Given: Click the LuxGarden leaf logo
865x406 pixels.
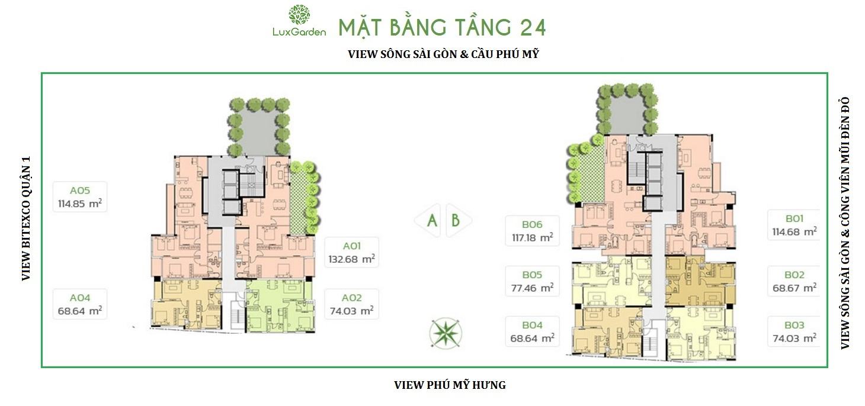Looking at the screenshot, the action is coord(299,15).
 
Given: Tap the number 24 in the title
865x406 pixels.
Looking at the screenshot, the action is coord(533,28).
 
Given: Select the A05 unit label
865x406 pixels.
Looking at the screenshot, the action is coord(80,190).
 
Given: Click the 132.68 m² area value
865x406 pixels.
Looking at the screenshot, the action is coord(352,259).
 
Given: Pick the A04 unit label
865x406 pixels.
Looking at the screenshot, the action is coord(80,298).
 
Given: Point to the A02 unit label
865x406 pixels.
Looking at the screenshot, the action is coord(351,298).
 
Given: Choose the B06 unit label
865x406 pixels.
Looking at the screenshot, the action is coord(532,224).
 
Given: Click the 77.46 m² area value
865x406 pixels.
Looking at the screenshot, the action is coord(532,288).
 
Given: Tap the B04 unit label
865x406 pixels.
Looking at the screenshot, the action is coord(532,325).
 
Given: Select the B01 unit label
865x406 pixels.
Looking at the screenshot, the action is coord(794,218).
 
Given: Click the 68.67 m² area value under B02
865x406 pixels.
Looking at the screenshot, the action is coord(794,288).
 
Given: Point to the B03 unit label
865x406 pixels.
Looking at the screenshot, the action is coord(794,325).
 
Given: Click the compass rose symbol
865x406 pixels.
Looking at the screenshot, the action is coord(446,333).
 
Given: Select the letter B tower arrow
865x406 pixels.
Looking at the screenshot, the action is coord(458,220).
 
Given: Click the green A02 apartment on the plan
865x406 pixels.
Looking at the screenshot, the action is coord(280,305).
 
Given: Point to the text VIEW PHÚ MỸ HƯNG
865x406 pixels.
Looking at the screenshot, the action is coord(450,385).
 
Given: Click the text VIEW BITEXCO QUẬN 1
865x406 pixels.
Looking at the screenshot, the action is coord(26,218).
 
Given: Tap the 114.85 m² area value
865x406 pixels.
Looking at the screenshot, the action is coord(80,204).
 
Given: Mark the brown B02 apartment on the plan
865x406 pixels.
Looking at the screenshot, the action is coord(700,281).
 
